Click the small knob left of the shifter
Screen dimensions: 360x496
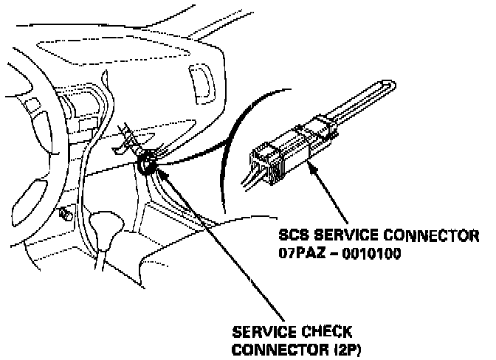tap(64, 215)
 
